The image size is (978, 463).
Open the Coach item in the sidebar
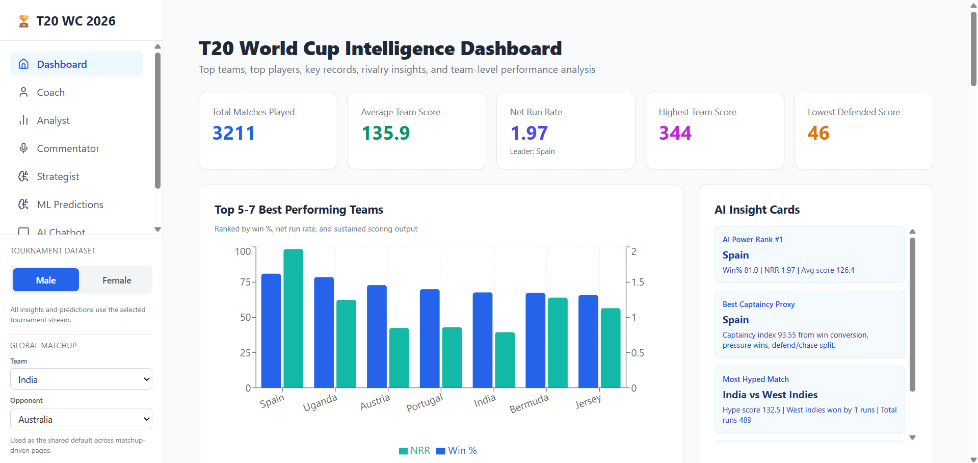point(50,92)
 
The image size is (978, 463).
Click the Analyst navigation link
point(53,120)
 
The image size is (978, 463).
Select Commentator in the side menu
point(68,148)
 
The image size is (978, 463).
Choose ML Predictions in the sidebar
point(70,204)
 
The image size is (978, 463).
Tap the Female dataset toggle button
point(117,280)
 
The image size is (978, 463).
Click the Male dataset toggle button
point(46,280)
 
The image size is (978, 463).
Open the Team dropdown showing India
point(81,379)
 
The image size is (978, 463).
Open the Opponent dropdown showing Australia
point(81,419)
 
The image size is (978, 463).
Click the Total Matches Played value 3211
point(233,133)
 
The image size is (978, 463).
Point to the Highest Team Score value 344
point(675,133)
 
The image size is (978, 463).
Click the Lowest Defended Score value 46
point(818,133)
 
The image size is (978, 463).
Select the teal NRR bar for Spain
point(293,318)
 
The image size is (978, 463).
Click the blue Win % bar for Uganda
point(324,332)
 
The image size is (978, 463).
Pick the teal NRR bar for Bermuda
point(558,343)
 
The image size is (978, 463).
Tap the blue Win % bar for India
point(482,340)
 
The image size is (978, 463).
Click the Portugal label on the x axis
point(424,402)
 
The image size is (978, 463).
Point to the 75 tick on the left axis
point(245,282)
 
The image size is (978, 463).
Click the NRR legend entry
point(415,450)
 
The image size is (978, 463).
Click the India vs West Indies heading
point(770,395)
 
